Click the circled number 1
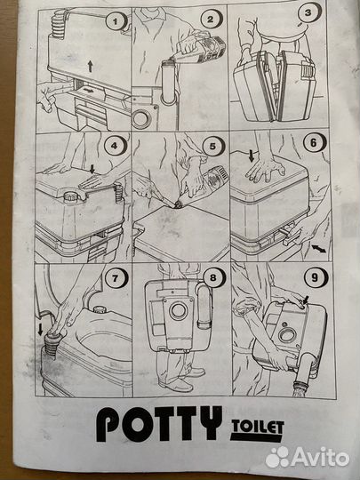click(116, 21)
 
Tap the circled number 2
click(212, 19)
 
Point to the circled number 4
click(116, 145)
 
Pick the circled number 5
click(213, 147)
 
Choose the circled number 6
click(315, 143)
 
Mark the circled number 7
click(116, 278)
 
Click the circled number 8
click(214, 277)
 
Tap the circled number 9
click(316, 278)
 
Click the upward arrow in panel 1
click(90, 66)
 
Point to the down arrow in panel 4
click(92, 168)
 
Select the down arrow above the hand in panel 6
click(252, 156)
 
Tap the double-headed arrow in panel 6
click(319, 249)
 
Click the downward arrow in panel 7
click(40, 329)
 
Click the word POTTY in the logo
click(159, 424)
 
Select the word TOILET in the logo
click(258, 427)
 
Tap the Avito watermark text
click(321, 458)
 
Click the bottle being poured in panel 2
click(198, 49)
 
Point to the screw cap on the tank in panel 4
click(71, 196)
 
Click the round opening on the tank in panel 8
click(178, 310)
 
